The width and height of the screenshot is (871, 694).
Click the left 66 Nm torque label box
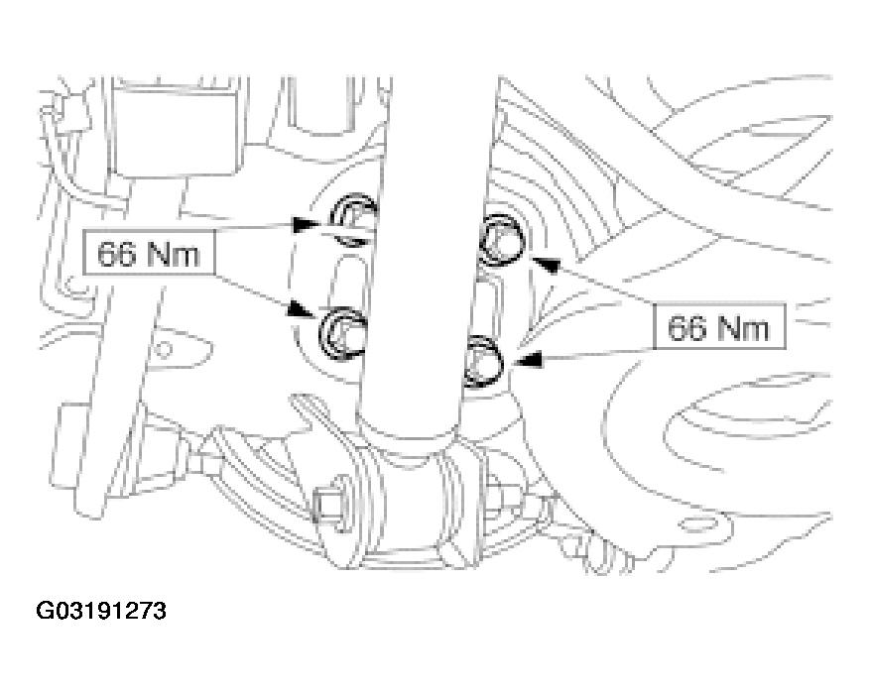pos(149,253)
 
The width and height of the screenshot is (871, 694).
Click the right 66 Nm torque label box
pos(719,326)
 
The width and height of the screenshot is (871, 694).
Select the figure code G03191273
pos(100,611)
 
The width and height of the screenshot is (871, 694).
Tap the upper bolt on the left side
pos(353,219)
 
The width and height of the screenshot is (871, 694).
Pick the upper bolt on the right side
pos(500,239)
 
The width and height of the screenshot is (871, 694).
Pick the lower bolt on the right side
pos(483,362)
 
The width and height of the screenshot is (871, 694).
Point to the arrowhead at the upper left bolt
pos(307,224)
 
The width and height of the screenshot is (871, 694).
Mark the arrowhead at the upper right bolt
pos(545,265)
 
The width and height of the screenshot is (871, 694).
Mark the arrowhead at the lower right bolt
pos(528,360)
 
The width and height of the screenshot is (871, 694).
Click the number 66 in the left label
pos(116,254)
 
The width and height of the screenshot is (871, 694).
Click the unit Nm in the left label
pos(174,254)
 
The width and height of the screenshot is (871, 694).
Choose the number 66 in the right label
pos(686,327)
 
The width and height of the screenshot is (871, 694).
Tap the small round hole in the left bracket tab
pos(163,350)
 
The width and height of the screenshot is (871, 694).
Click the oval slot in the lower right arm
pos(694,523)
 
